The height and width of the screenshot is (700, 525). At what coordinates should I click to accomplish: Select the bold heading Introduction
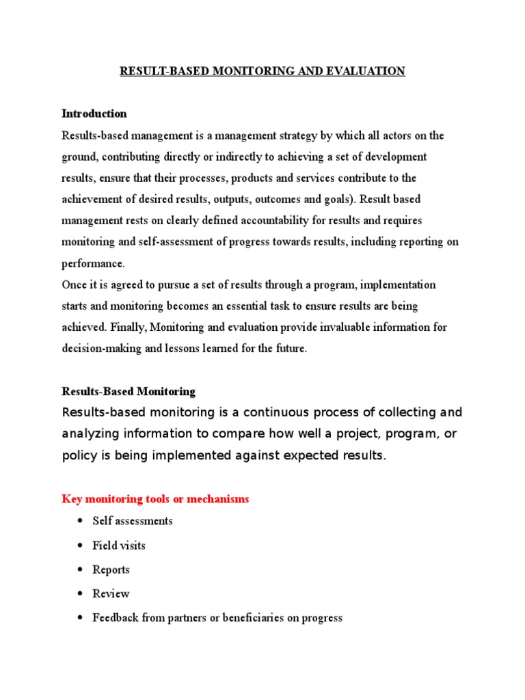[x=94, y=113]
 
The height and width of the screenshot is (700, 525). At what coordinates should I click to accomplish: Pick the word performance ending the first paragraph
[x=93, y=262]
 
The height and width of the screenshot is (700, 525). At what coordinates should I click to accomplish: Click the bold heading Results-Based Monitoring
[x=129, y=392]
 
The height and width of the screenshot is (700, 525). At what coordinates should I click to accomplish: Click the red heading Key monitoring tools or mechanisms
[x=155, y=499]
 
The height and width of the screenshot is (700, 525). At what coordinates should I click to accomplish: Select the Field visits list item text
[x=119, y=546]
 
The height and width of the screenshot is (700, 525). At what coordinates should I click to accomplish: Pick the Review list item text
[x=111, y=593]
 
